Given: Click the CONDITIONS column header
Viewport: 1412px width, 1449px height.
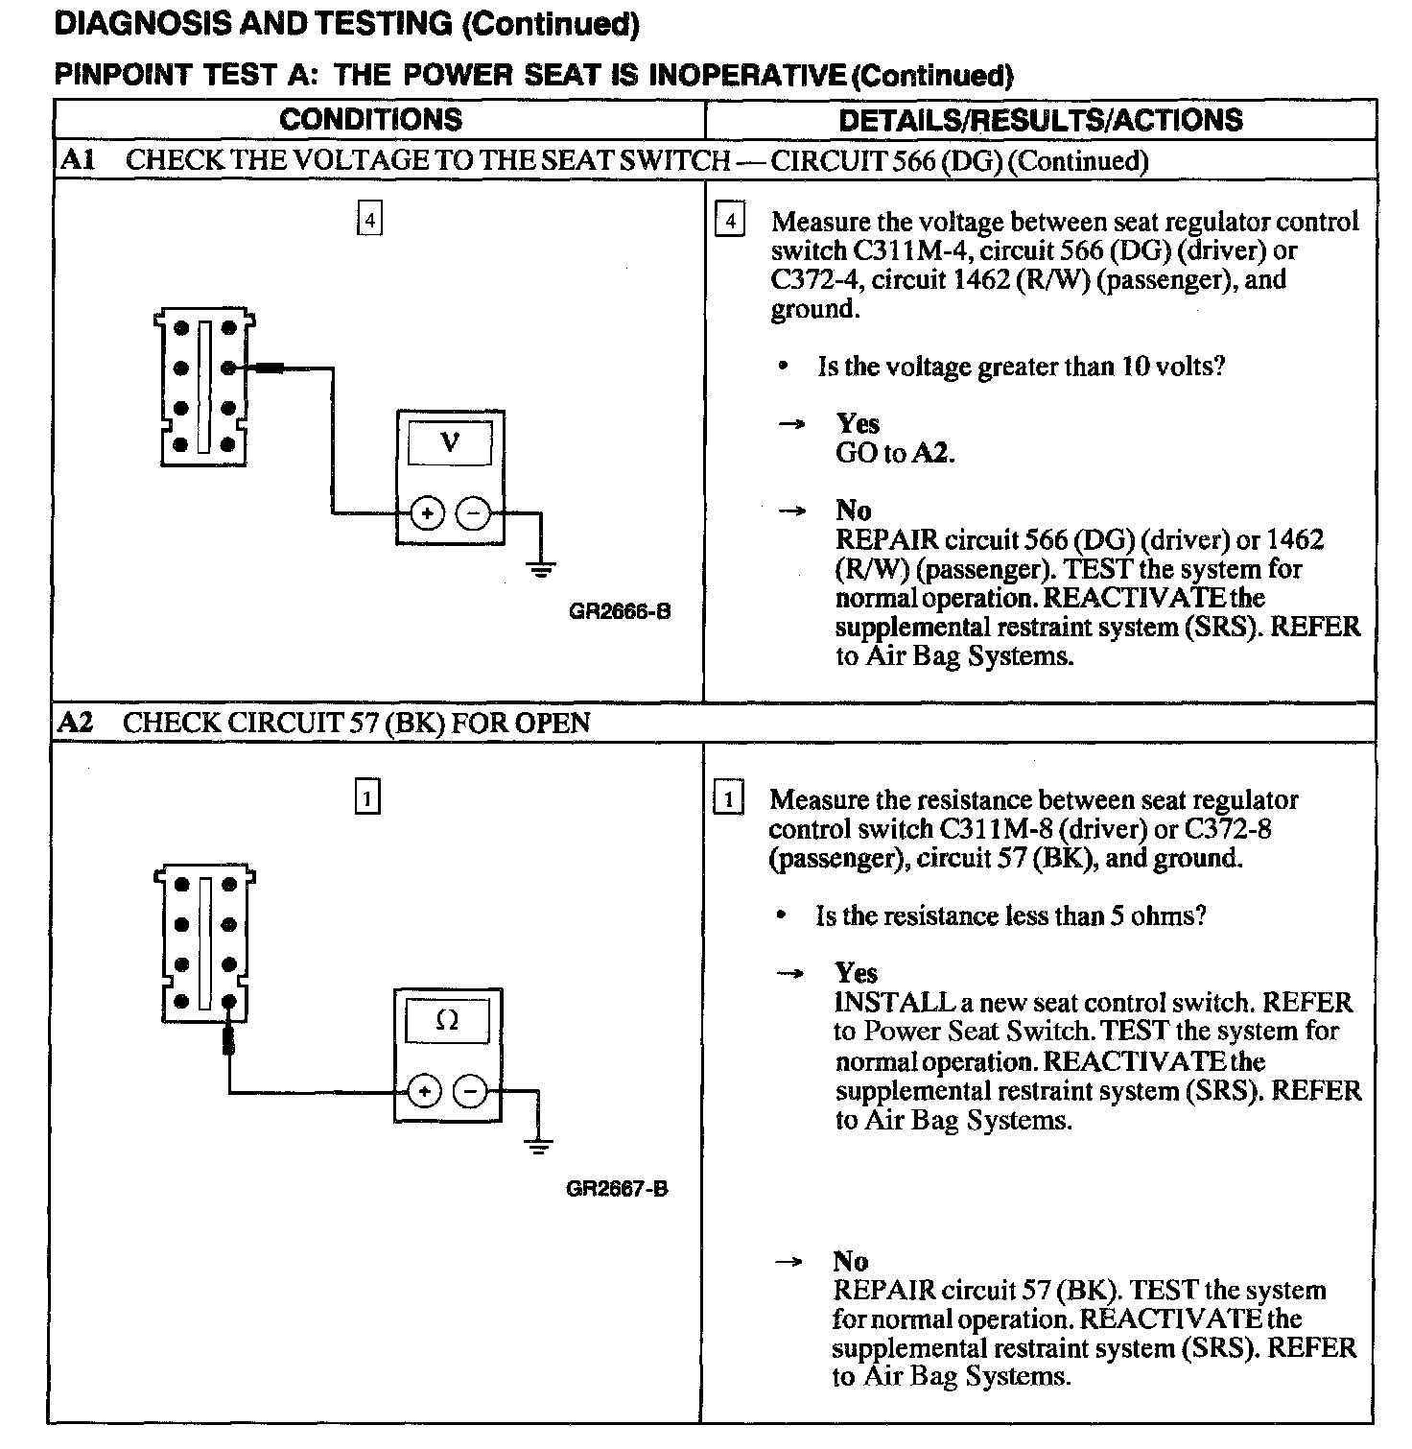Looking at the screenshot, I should pyautogui.click(x=370, y=120).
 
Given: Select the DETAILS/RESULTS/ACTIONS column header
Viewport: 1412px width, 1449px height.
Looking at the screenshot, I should pyautogui.click(x=1040, y=120).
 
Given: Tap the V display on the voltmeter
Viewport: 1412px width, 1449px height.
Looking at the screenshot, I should pyautogui.click(x=450, y=442).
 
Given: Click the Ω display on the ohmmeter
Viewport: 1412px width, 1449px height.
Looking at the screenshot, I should pyautogui.click(x=447, y=1020).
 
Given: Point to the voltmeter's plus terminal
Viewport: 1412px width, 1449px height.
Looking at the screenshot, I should pyautogui.click(x=427, y=514).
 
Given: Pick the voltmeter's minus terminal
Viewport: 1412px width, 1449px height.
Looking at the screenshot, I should pyautogui.click(x=472, y=514).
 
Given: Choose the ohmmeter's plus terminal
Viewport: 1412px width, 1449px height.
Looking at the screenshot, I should pyautogui.click(x=424, y=1091).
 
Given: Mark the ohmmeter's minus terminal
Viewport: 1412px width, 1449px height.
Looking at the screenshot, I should pyautogui.click(x=469, y=1091).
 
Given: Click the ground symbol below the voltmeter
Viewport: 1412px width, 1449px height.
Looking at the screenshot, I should pyautogui.click(x=541, y=569).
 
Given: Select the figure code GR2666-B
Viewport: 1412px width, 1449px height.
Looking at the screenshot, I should pyautogui.click(x=620, y=611).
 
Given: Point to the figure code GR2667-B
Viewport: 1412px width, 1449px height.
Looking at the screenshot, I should pyautogui.click(x=617, y=1189).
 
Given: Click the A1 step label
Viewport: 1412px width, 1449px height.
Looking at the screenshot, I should pyautogui.click(x=77, y=160).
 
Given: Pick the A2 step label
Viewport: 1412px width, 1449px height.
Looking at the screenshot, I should pyautogui.click(x=75, y=723).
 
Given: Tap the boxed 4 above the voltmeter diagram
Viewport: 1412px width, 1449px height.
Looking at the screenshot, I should pyautogui.click(x=369, y=220).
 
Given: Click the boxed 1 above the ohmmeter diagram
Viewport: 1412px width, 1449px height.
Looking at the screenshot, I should pyautogui.click(x=367, y=797).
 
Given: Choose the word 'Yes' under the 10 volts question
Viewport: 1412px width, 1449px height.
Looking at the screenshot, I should pyautogui.click(x=857, y=423).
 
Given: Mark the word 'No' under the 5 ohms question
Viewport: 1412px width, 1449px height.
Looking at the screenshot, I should pyautogui.click(x=850, y=1261).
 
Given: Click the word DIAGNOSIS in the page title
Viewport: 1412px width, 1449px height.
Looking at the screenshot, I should pyautogui.click(x=143, y=24).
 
